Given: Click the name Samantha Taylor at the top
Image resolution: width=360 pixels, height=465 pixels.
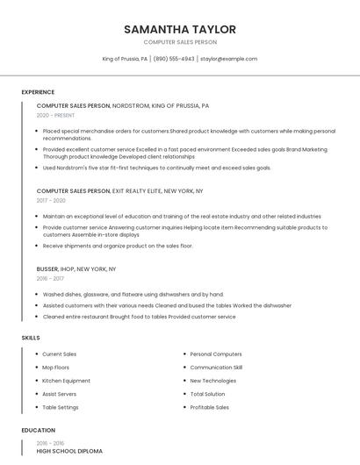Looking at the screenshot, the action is (x=180, y=29).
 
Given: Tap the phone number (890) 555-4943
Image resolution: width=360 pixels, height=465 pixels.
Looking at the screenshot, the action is (x=174, y=59).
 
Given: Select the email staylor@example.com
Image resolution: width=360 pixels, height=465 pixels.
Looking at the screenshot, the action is (x=228, y=59).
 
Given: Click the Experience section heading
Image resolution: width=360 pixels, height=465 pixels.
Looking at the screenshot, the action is (x=38, y=92).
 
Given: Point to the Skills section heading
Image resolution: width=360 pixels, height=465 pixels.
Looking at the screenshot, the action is (x=31, y=338).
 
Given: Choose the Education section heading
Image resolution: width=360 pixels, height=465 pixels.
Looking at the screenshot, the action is (x=38, y=431).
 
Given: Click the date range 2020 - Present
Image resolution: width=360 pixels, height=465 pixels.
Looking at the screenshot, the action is (x=56, y=115).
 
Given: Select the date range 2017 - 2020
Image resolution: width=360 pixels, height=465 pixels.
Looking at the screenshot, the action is (x=52, y=200).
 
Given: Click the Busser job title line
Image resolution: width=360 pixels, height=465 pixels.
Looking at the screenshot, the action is (x=76, y=268).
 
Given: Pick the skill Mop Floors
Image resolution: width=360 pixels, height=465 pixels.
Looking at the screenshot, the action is (x=55, y=368).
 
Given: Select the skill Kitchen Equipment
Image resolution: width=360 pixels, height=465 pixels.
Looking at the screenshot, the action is (x=66, y=381).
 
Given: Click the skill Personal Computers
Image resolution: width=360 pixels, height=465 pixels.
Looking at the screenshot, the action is (x=216, y=354).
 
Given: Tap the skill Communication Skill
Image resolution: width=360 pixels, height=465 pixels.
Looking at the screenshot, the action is (x=216, y=368).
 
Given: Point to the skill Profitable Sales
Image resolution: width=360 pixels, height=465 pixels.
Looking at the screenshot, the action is (x=210, y=407).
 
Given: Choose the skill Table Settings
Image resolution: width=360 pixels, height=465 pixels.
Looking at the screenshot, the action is (x=61, y=407).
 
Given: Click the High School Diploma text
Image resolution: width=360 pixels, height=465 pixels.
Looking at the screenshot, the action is (x=69, y=451).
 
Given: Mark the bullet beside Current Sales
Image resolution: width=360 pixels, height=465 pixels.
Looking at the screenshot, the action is (x=36, y=354).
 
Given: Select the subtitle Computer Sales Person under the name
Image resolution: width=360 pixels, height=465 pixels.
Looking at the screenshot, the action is (x=180, y=42).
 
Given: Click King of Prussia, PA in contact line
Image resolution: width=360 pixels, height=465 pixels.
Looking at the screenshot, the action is (x=126, y=59).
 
